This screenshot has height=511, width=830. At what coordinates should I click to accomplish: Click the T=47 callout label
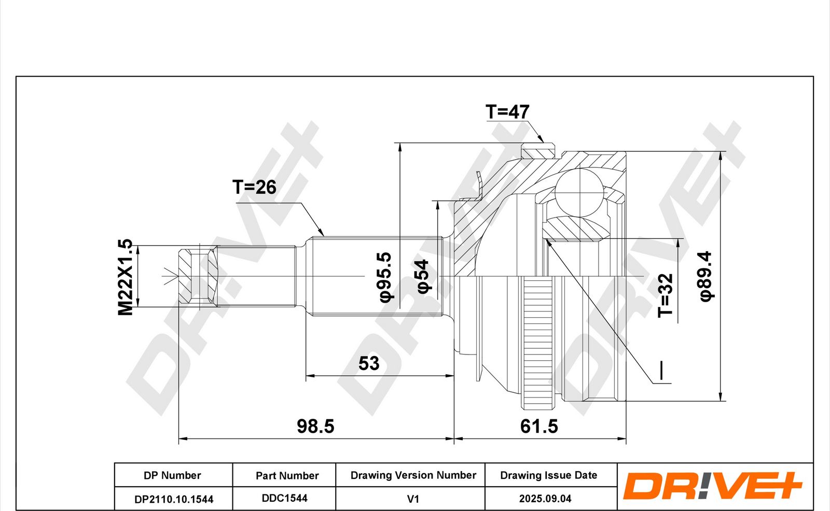click(507, 111)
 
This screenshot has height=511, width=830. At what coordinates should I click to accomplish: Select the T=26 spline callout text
click(254, 187)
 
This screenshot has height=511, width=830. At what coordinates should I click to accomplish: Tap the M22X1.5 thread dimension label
click(125, 277)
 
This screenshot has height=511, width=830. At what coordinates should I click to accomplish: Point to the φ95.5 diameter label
click(385, 277)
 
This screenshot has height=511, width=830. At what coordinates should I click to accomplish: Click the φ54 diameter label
click(423, 276)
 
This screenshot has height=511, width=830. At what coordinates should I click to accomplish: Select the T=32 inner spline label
click(665, 295)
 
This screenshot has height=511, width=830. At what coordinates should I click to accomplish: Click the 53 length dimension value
click(369, 363)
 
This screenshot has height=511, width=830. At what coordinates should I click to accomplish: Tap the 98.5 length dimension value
click(315, 426)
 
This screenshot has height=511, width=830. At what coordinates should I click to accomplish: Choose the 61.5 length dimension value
click(539, 426)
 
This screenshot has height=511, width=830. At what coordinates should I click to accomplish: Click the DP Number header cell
click(172, 475)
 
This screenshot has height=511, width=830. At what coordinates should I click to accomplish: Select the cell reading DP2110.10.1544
click(174, 499)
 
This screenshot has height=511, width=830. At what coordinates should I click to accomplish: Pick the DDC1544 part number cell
click(285, 498)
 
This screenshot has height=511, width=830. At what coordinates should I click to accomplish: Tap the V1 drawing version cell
click(413, 499)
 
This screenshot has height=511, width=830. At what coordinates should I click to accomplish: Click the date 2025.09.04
click(545, 499)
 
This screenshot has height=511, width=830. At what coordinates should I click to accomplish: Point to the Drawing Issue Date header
click(548, 475)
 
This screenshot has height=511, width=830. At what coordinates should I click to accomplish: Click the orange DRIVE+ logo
click(713, 486)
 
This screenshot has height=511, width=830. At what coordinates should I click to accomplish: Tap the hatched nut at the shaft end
click(198, 277)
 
